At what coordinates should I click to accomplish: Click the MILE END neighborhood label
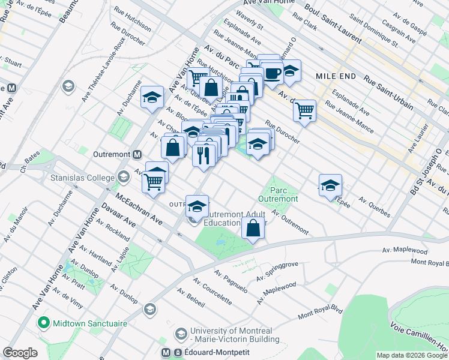336,77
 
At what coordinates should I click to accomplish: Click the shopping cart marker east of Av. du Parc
305,110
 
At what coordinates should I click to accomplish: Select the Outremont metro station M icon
137,154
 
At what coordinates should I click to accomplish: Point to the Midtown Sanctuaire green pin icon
43,323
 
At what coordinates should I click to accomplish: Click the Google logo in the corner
20,353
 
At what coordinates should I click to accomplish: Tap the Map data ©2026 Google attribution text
412,355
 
